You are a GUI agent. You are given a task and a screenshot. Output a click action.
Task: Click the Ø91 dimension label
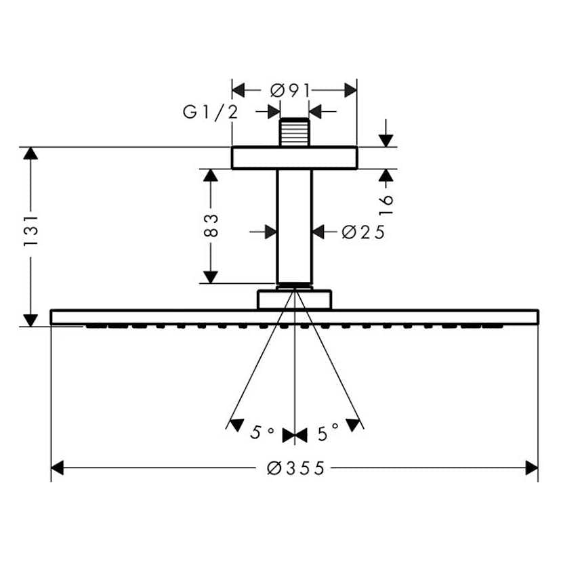click(289, 90)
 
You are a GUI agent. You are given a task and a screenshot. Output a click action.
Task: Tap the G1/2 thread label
click(211, 112)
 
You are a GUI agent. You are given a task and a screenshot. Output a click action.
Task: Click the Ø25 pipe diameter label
click(363, 232)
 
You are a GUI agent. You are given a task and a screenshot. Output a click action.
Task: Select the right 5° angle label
click(328, 433)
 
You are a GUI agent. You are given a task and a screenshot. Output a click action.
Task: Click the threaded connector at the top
click(295, 133)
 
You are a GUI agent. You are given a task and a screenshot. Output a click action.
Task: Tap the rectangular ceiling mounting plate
click(294, 158)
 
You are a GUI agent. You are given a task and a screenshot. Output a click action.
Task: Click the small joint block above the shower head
click(294, 299)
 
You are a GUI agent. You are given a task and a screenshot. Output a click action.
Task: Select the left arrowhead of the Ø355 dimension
click(58, 467)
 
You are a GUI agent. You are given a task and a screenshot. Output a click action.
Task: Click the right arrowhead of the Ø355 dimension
click(532, 467)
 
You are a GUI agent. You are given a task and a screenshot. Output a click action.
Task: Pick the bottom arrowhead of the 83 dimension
click(211, 276)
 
